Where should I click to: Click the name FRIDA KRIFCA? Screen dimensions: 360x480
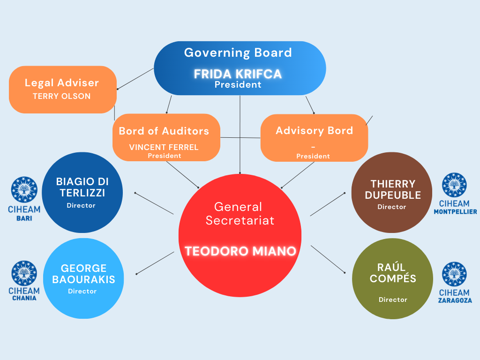(x=238, y=74)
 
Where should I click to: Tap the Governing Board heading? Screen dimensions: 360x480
(x=238, y=52)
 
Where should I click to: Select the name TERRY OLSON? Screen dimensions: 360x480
(x=61, y=96)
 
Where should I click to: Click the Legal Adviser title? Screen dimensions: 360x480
(x=62, y=83)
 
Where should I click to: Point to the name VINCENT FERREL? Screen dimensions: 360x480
(x=164, y=147)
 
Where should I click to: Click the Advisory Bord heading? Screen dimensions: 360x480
(x=314, y=131)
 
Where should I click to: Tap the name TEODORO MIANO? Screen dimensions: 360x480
(x=240, y=251)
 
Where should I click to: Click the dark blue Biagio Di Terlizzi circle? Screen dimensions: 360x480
(x=82, y=192)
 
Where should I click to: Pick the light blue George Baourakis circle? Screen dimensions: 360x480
(x=83, y=278)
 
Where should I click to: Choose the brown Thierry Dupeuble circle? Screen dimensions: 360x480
(x=392, y=192)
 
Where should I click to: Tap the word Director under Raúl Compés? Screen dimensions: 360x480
(x=393, y=300)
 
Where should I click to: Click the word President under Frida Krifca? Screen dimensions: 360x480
(x=238, y=85)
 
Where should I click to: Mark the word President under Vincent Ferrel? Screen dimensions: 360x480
(x=164, y=156)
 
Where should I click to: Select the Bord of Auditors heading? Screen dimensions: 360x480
(x=164, y=131)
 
